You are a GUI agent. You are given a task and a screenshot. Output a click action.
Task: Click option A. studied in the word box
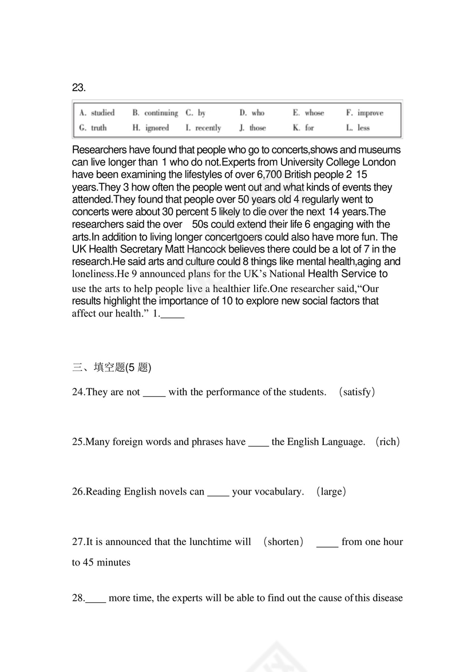tap(97, 113)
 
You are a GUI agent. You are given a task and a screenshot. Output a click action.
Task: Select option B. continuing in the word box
tap(155, 113)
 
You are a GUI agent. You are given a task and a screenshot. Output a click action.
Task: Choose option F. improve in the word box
tap(365, 113)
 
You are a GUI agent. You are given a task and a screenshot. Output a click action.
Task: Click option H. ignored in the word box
tap(151, 128)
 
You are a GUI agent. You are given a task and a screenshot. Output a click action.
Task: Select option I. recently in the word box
tap(203, 128)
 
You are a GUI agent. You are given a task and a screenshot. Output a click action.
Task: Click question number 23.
tap(79, 88)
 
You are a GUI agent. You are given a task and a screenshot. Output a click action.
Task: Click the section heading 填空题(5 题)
tap(112, 367)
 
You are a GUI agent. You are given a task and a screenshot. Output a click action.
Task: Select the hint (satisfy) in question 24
tap(357, 392)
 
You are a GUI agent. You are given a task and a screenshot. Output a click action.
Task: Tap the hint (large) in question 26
tap(332, 492)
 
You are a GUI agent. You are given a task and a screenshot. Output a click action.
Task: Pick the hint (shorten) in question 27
tap(283, 541)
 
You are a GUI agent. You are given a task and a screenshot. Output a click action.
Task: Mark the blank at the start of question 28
tap(96, 600)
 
